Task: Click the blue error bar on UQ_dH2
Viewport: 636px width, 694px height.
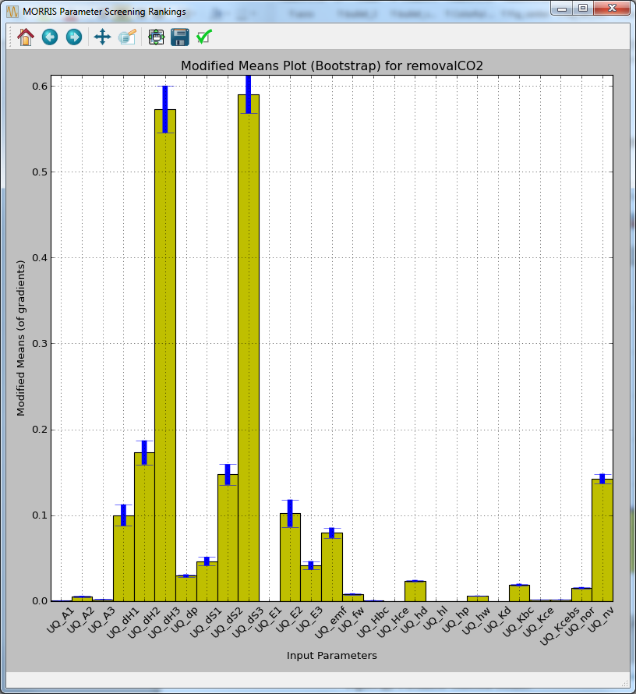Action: (144, 453)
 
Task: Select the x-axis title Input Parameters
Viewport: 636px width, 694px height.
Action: (331, 656)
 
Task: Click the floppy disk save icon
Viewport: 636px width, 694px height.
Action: (180, 37)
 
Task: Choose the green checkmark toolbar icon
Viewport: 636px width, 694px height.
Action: (204, 37)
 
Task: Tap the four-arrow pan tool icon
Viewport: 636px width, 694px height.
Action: (102, 37)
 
